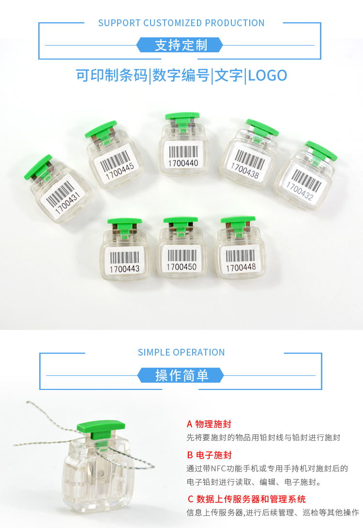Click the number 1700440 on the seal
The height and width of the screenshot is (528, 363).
pos(183,163)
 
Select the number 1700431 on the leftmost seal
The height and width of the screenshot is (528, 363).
pos(68,202)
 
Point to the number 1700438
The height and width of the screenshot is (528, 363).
pos(245,171)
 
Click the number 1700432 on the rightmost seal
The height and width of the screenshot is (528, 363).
pos(300,190)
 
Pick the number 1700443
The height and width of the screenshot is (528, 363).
pos(124,269)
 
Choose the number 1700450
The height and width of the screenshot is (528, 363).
pos(181,267)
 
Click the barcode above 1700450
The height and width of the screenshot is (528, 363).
pos(181,256)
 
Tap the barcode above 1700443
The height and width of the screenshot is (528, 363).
pos(124,258)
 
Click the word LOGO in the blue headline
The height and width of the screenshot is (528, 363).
pos(268,76)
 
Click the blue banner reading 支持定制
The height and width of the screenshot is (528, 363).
pos(180,45)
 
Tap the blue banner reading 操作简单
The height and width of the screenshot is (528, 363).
pos(181,375)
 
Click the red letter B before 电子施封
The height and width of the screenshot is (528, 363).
pos(190,455)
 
